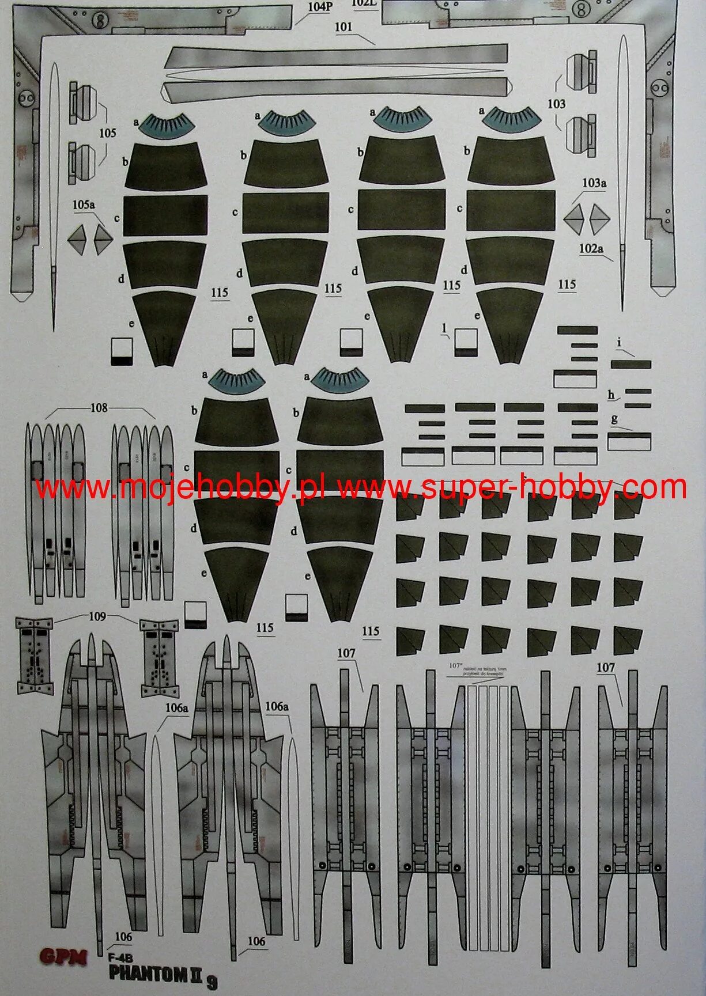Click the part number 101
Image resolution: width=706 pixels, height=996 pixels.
point(343,26)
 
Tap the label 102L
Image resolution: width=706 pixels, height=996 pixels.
point(364,3)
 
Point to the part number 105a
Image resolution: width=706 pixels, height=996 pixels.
point(84,204)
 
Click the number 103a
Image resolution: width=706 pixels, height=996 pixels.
point(594,183)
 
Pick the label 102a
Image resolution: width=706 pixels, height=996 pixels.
point(591,249)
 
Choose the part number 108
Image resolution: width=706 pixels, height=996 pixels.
point(99,408)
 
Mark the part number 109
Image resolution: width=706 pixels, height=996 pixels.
point(97,616)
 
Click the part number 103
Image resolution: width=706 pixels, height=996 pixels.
point(557,104)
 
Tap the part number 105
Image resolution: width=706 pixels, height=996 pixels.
point(107,133)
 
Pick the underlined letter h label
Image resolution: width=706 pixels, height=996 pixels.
point(611,395)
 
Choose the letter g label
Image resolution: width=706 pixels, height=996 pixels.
point(614,419)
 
